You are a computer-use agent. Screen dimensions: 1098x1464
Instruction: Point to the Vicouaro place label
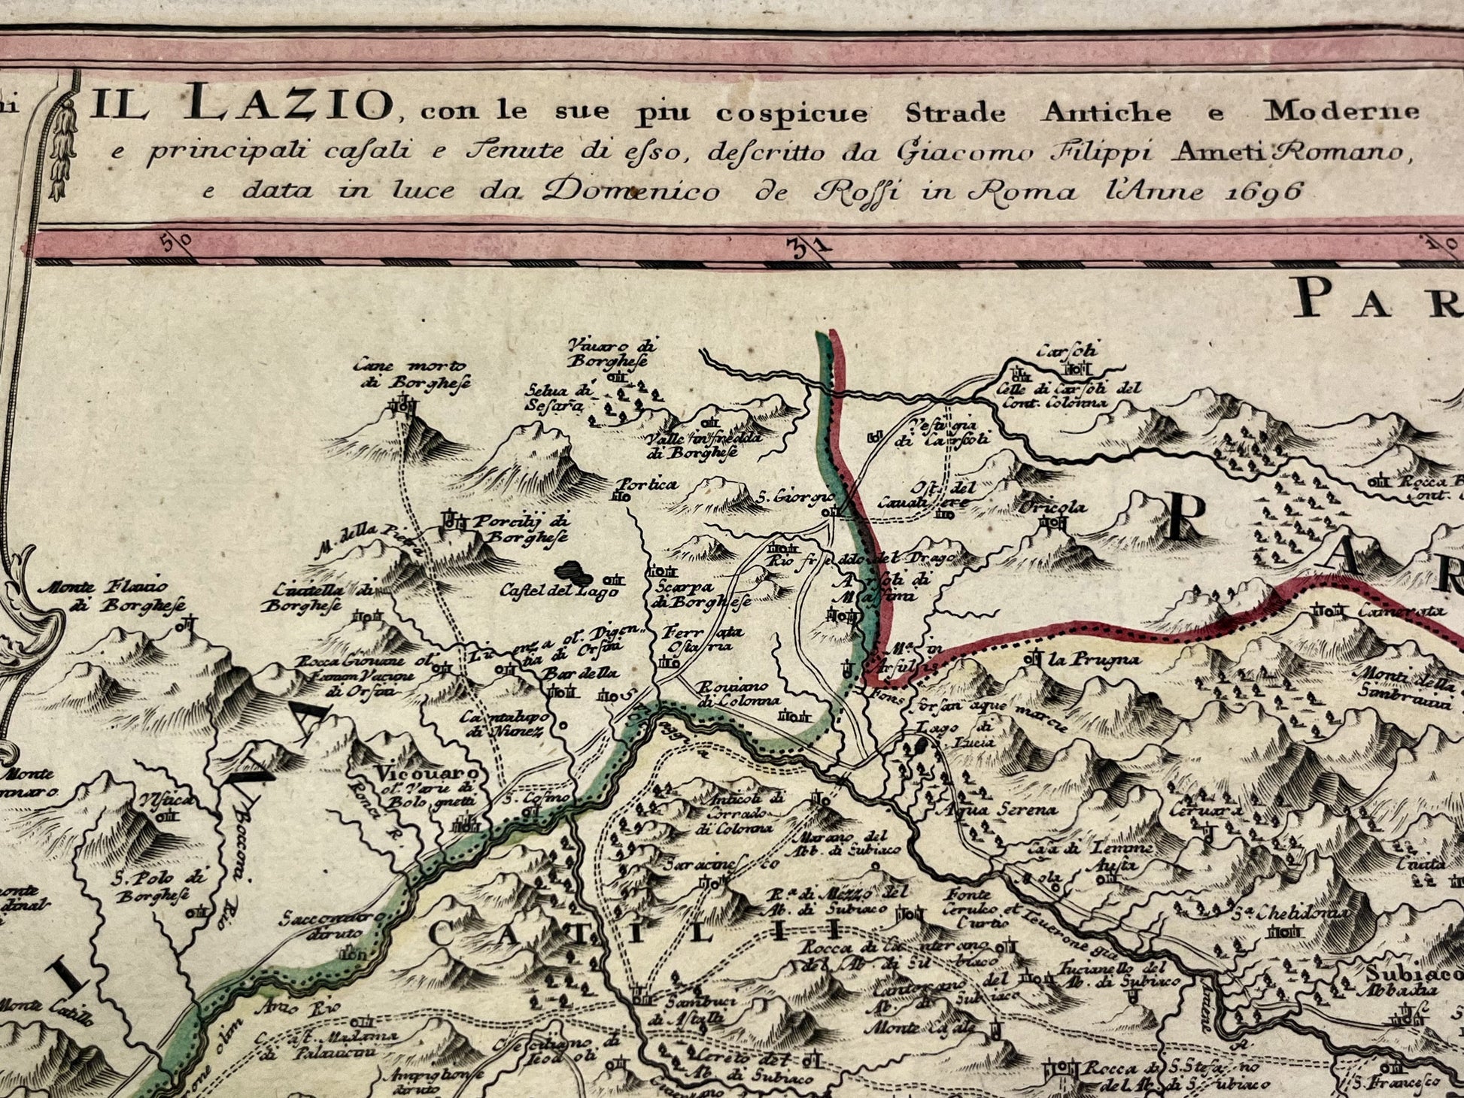click(x=428, y=773)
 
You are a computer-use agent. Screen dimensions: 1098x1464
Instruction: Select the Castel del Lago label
click(x=558, y=591)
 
